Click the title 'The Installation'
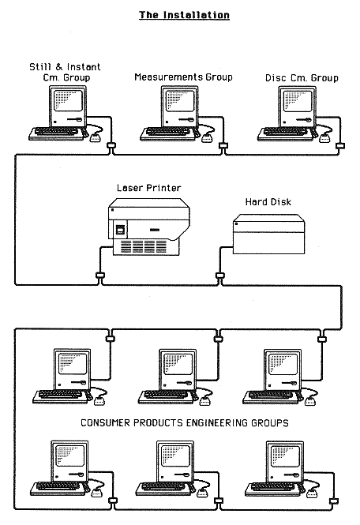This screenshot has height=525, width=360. click(x=184, y=15)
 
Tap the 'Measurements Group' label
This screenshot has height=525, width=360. click(x=183, y=77)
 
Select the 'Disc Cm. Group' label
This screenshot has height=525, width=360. click(x=302, y=78)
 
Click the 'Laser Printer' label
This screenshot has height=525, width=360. click(x=149, y=188)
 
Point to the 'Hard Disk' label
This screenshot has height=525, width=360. click(x=268, y=202)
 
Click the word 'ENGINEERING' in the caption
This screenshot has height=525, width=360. click(x=216, y=423)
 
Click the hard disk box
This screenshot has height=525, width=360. click(x=269, y=234)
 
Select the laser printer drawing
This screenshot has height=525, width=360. click(x=149, y=227)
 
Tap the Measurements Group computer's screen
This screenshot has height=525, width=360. click(x=180, y=101)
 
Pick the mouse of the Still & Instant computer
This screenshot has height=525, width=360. click(x=96, y=137)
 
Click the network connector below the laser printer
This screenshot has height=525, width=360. click(x=100, y=276)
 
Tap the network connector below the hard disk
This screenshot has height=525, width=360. click(x=219, y=276)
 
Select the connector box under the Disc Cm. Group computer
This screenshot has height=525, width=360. click(x=340, y=146)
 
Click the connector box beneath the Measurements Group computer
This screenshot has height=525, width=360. click(x=223, y=145)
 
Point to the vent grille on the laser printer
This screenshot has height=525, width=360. click(x=144, y=247)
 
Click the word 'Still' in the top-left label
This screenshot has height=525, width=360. click(x=40, y=67)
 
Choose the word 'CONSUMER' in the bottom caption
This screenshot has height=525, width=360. click(x=106, y=423)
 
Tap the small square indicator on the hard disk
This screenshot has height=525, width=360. click(x=236, y=223)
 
